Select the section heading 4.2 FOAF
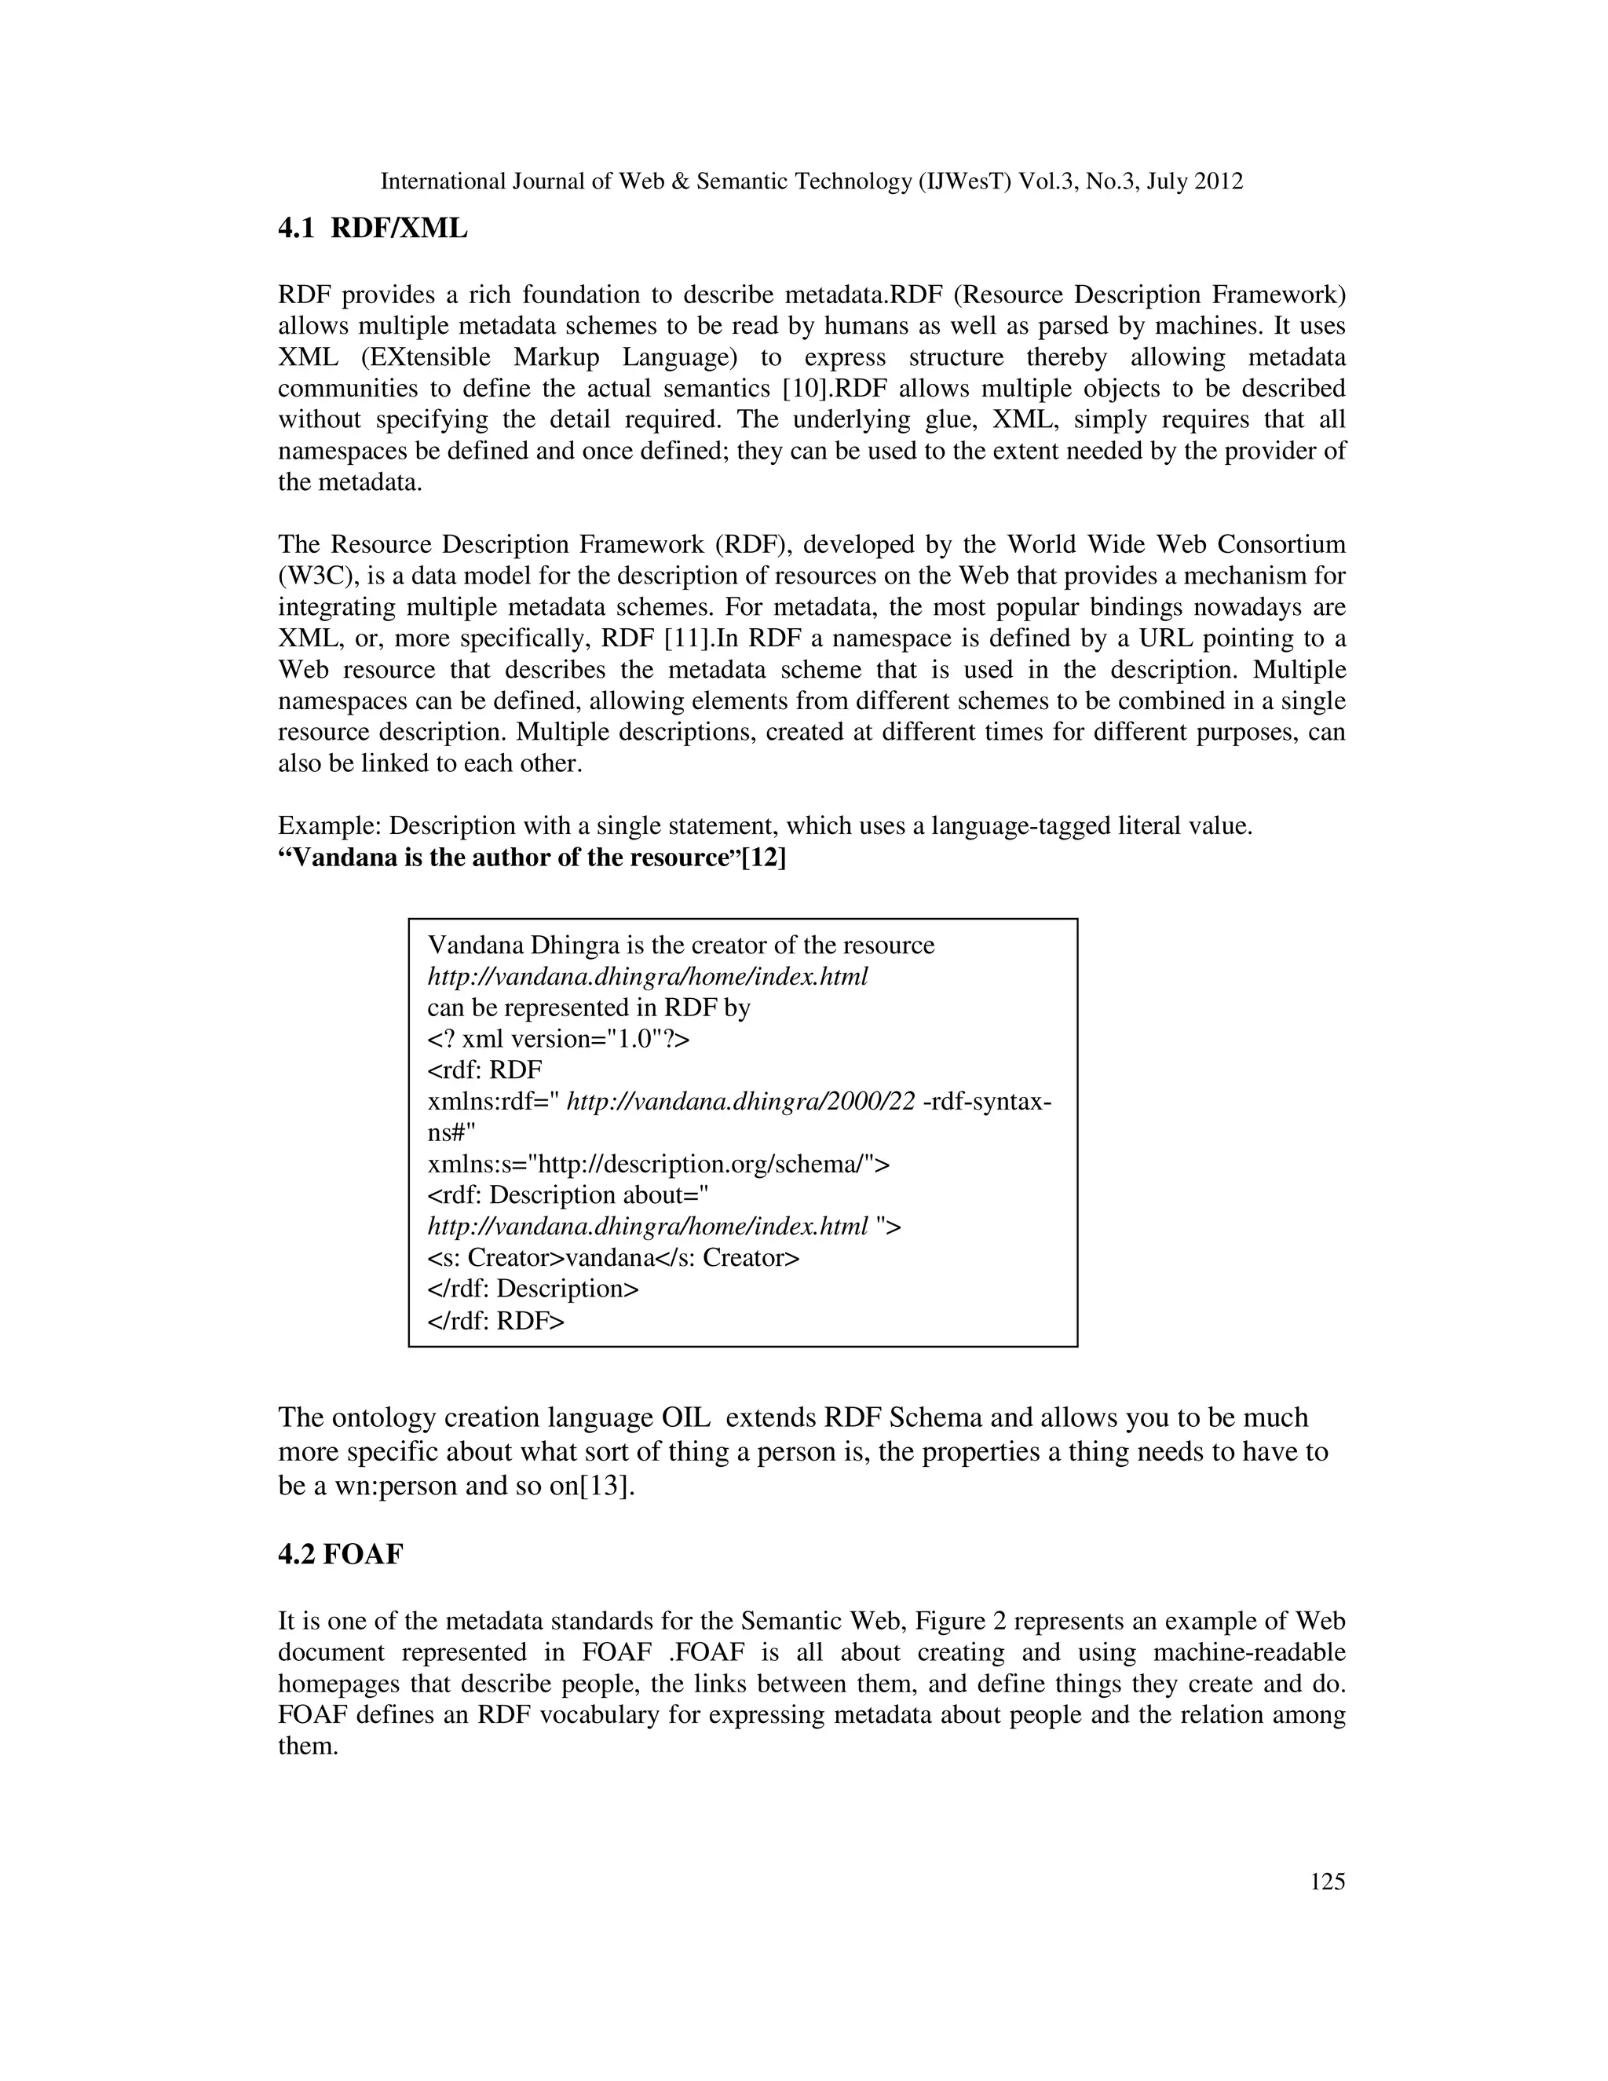340,1554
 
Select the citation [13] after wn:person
606,1487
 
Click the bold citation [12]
764,858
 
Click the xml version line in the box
558,1040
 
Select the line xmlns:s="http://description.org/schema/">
658,1165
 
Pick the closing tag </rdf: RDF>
495,1321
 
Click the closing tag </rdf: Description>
532,1289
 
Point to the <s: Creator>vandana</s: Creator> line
612,1258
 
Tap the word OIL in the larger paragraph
685,1417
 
